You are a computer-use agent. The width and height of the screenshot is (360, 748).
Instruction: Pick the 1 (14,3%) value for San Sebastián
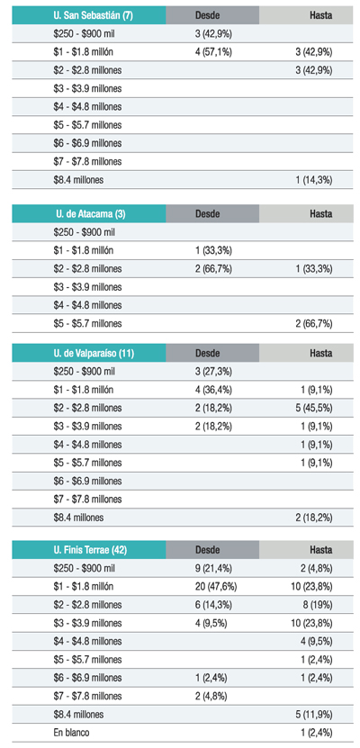[x=314, y=180]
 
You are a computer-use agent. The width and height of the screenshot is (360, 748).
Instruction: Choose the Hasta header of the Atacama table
[x=321, y=213]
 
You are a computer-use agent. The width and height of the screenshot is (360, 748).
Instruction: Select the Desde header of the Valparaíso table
[x=207, y=353]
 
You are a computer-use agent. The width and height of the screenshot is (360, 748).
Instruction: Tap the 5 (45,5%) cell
[x=314, y=408]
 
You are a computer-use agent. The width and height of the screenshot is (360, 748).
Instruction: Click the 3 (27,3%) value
[x=213, y=371]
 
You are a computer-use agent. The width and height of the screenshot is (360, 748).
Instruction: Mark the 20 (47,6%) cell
[x=216, y=586]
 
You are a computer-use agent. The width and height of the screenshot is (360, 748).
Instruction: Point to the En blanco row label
[x=71, y=733]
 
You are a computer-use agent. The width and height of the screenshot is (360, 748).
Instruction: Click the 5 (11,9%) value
[x=314, y=714]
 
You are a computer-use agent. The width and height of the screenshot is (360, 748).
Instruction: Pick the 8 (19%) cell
[x=317, y=604]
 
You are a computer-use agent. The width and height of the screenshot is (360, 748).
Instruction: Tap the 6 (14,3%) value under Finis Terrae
[x=213, y=604]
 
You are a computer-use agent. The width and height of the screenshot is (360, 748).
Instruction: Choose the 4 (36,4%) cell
[x=213, y=390]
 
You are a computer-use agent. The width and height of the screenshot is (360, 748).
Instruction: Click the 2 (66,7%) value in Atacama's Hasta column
[x=314, y=323]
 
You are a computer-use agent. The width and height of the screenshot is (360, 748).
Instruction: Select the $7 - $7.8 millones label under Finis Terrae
[x=87, y=696]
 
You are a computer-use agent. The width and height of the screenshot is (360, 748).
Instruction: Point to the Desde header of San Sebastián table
[x=207, y=14]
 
